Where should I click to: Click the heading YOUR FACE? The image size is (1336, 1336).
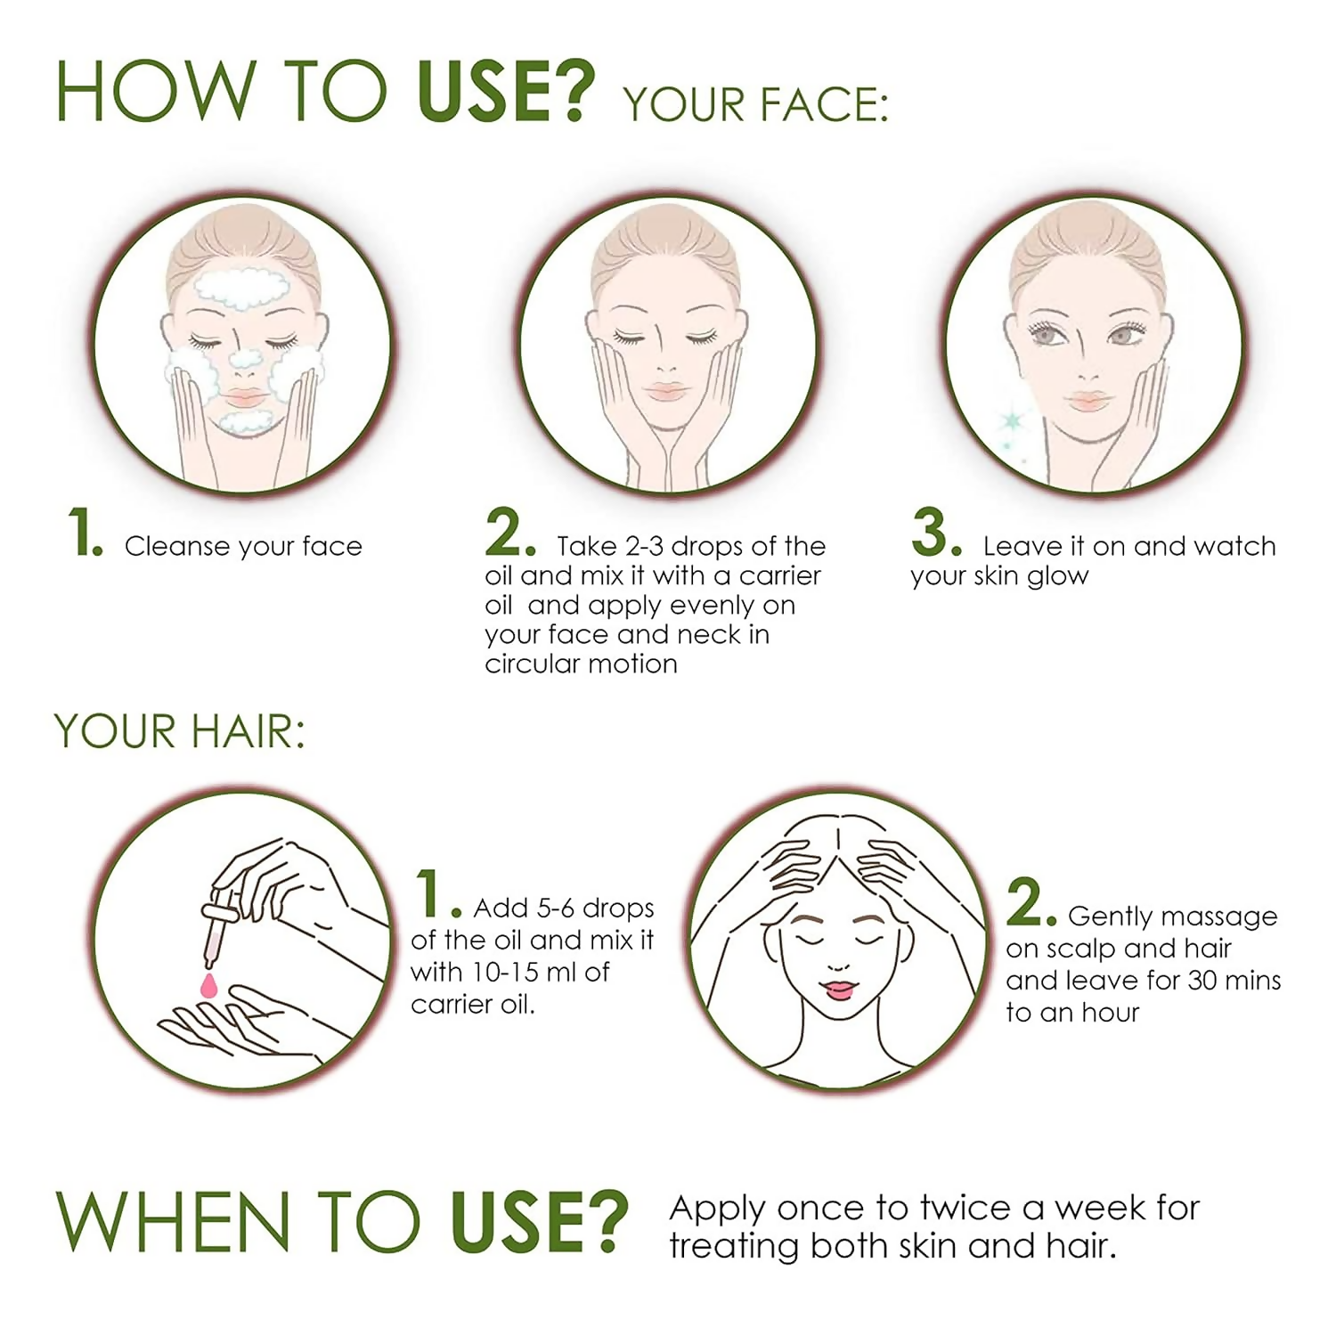point(755,105)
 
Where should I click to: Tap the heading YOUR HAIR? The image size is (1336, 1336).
point(179,732)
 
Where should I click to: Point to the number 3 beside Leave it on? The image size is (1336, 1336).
point(934,533)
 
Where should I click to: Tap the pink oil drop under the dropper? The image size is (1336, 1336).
point(210,983)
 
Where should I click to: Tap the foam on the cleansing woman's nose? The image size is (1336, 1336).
point(242,359)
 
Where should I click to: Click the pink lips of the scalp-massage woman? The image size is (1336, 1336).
point(835,990)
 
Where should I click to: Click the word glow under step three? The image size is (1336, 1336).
point(1057,576)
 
